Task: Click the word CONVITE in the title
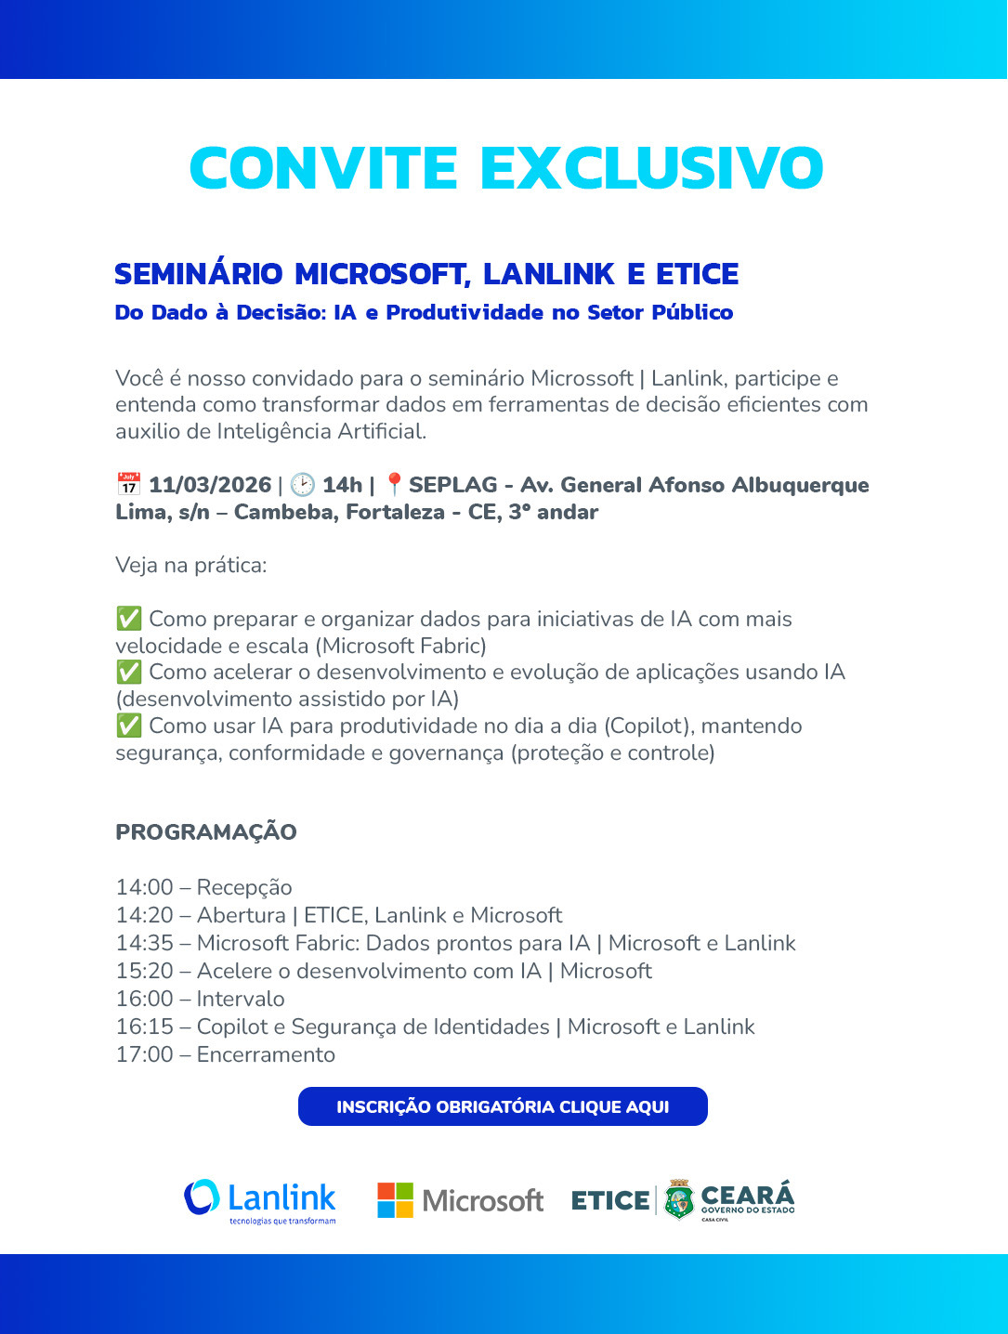[x=323, y=168]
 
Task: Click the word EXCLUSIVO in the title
[x=651, y=168]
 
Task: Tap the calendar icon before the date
[x=128, y=485]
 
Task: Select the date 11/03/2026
[x=210, y=485]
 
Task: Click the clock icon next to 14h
[x=302, y=485]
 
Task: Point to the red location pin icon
[x=394, y=484]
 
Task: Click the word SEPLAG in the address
[x=452, y=485]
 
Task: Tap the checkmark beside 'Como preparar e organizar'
[x=128, y=619]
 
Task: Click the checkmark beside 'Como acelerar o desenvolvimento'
[x=128, y=672]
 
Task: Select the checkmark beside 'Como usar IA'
[x=128, y=726]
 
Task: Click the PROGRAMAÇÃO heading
[x=206, y=831]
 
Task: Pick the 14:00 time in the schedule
[x=144, y=887]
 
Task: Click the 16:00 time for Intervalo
[x=144, y=999]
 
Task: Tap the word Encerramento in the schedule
[x=266, y=1054]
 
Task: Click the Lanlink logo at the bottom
[x=260, y=1200]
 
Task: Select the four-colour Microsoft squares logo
[x=395, y=1200]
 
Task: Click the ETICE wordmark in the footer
[x=610, y=1200]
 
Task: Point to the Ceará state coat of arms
[x=679, y=1199]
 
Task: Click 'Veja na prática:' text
[x=190, y=565]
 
